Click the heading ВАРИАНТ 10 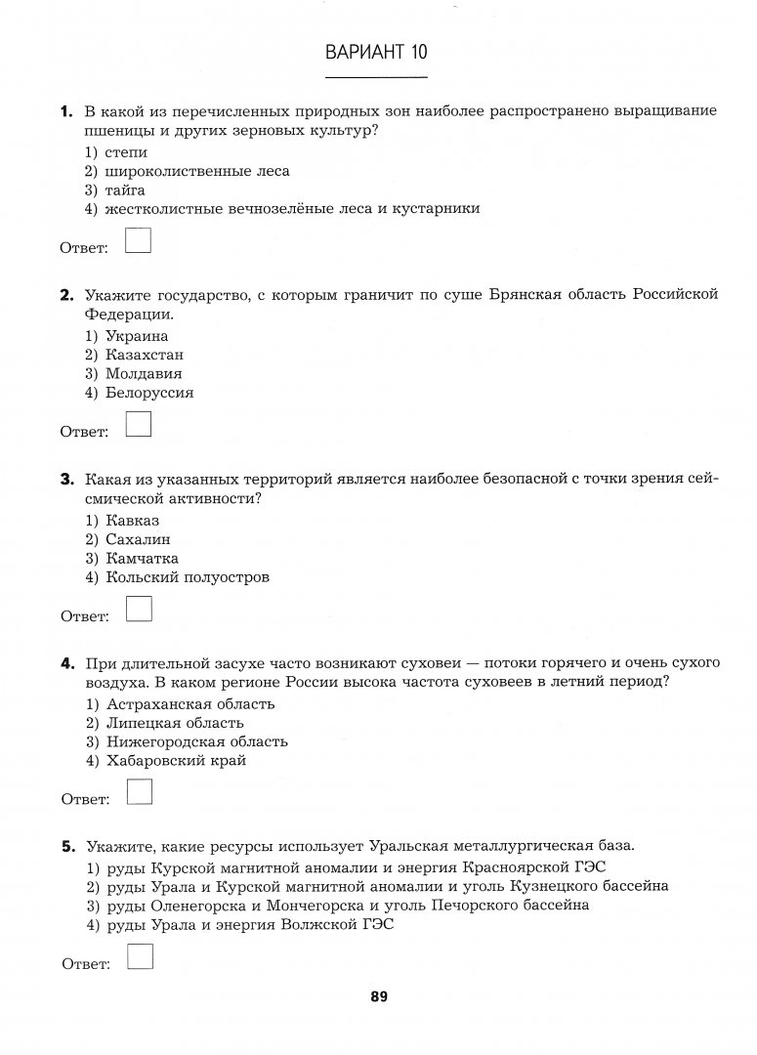[376, 52]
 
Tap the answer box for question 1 [139, 240]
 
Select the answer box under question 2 [140, 424]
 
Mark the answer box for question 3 [140, 609]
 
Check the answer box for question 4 [140, 792]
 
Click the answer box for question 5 [140, 957]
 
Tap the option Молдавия [133, 373]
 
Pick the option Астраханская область [180, 704]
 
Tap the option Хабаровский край [165, 761]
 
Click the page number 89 [379, 997]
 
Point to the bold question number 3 [66, 479]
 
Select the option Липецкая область [164, 723]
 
